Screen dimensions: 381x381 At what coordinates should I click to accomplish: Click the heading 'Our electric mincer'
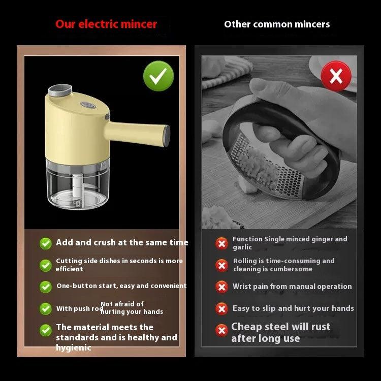click(106, 24)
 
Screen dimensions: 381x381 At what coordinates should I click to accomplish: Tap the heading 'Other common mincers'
click(277, 24)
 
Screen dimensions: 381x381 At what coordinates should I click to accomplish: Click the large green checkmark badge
click(158, 76)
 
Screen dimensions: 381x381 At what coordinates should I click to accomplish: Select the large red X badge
click(336, 76)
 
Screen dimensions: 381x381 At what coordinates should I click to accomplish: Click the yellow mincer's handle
click(140, 134)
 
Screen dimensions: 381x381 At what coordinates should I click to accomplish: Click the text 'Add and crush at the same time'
click(122, 243)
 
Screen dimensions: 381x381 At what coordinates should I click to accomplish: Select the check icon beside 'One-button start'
click(46, 287)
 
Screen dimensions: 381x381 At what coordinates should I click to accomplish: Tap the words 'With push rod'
click(80, 309)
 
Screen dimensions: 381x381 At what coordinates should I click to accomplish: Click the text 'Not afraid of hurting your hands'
click(132, 308)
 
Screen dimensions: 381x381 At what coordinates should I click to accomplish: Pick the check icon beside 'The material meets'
click(46, 330)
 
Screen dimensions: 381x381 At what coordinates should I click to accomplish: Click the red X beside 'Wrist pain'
click(221, 287)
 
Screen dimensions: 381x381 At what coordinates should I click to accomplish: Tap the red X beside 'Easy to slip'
click(221, 309)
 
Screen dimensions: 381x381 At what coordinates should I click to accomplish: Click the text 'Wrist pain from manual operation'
click(292, 287)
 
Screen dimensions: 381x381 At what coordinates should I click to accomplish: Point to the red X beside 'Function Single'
click(221, 243)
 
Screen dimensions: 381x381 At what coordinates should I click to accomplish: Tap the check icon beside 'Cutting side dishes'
click(46, 265)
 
